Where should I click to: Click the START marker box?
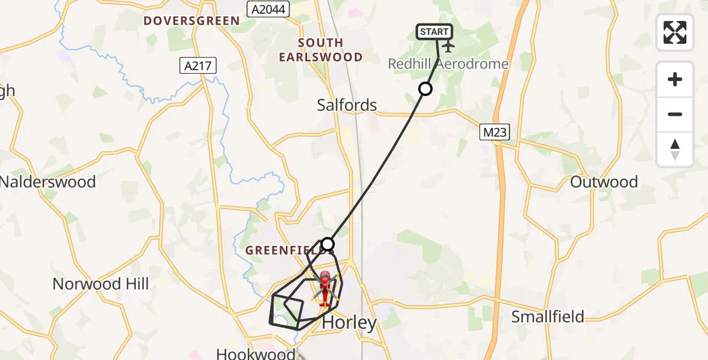tap(434, 32)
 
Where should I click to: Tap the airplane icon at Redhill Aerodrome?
tap(448, 47)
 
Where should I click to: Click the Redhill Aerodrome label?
tap(448, 64)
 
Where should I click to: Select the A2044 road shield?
tap(268, 9)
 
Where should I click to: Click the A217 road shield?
tap(198, 65)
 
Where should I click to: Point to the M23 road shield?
tap(494, 133)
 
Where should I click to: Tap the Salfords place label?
tap(347, 105)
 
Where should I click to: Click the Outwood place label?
tap(604, 182)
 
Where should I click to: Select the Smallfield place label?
tap(547, 316)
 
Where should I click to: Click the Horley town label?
tap(350, 322)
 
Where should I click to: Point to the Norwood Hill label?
tap(101, 283)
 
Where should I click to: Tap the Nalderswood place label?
tap(48, 181)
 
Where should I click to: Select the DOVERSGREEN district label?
tap(191, 21)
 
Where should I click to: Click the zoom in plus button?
tap(675, 80)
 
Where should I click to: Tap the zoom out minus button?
tap(675, 115)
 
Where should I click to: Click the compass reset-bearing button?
tap(675, 149)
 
